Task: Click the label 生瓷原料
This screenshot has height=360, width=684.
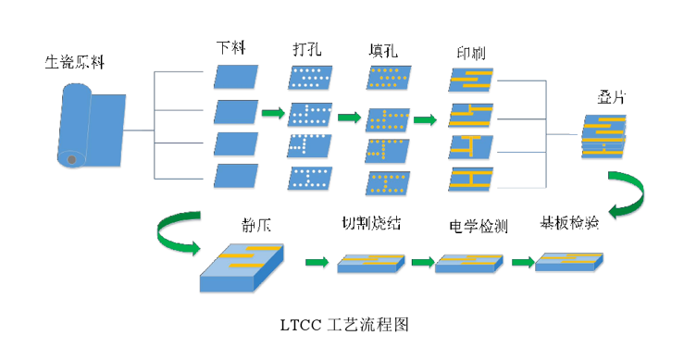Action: [x=75, y=64]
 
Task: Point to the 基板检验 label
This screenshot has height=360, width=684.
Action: [x=568, y=223]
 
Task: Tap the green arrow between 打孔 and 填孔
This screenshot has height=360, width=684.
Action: [x=349, y=118]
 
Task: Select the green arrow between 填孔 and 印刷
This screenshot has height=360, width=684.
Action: [x=425, y=119]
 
